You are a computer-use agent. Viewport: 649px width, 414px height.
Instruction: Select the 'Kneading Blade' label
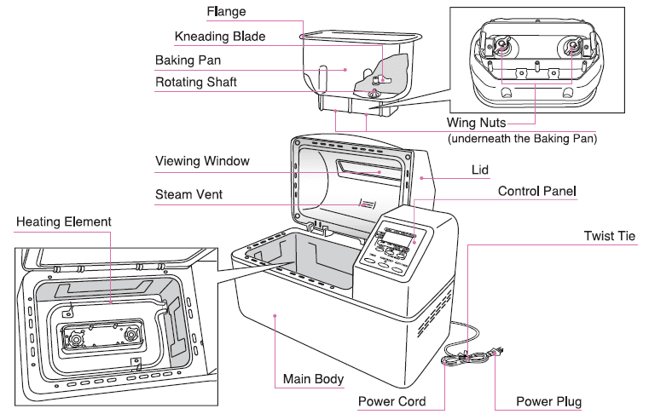(x=220, y=37)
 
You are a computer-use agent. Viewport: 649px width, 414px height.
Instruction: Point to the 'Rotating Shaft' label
(x=195, y=83)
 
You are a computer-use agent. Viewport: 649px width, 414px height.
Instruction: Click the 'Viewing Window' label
(x=202, y=161)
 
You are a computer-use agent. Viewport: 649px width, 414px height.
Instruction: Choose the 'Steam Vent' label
(x=188, y=194)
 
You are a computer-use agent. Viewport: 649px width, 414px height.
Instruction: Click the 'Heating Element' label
(x=64, y=222)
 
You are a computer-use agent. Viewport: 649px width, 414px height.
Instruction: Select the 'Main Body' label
(x=313, y=377)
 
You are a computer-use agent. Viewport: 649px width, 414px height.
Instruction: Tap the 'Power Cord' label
(x=391, y=401)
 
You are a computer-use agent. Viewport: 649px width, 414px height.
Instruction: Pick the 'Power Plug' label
(x=550, y=401)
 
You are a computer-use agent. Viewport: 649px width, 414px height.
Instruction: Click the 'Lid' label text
(x=480, y=170)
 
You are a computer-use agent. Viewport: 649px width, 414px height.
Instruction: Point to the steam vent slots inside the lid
(x=367, y=204)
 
